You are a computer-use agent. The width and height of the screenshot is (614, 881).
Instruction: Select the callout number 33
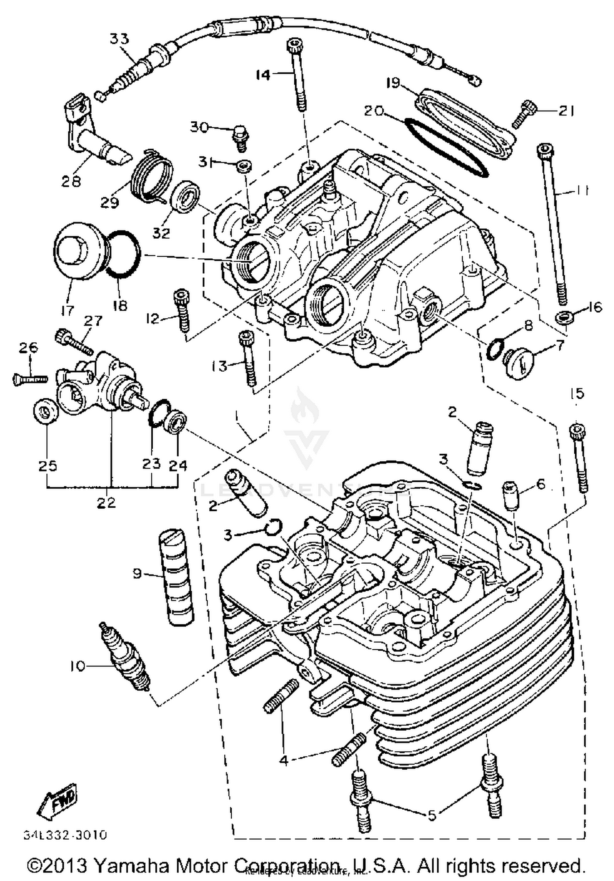119,39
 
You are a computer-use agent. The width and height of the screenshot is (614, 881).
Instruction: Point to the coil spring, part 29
152,177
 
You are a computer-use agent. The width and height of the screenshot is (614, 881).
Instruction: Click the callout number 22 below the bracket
106,502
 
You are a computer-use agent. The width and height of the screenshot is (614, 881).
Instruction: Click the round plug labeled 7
519,363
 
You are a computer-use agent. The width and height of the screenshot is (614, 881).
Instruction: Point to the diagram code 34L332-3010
65,835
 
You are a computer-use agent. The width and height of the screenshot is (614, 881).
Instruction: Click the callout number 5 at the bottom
432,815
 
